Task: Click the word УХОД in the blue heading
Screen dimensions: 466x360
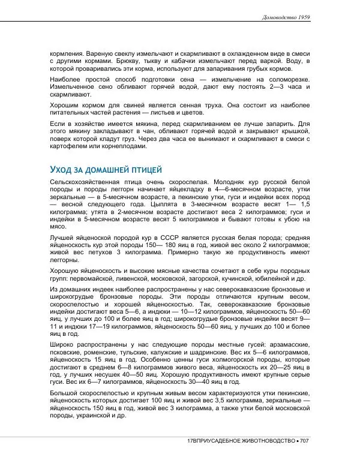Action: [62, 169]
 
